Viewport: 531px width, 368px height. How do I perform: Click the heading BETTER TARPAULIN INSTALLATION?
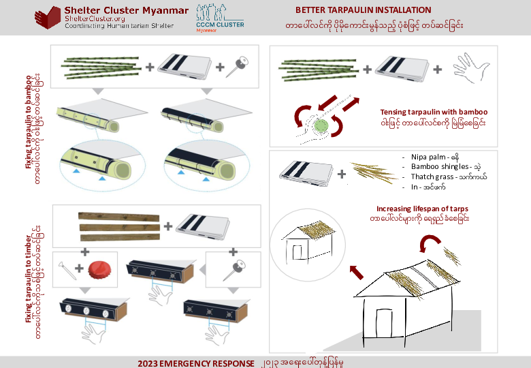point(363,10)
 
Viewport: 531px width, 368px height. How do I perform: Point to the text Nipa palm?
point(431,156)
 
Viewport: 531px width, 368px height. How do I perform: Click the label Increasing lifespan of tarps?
point(422,209)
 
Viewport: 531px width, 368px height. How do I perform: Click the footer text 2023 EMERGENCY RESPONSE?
point(195,362)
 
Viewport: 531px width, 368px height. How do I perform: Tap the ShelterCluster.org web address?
point(91,18)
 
